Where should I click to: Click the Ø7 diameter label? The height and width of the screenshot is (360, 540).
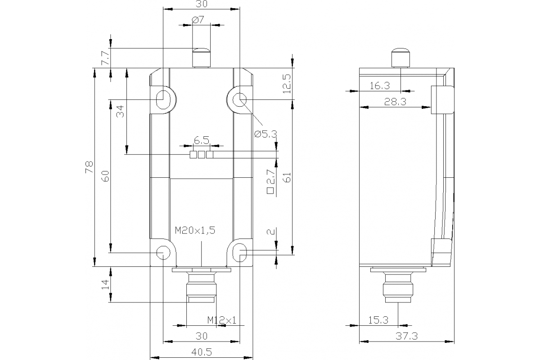click(x=198, y=20)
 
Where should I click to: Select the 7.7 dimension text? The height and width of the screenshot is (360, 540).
click(x=104, y=58)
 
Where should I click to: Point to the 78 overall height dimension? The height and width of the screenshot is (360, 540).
click(x=89, y=167)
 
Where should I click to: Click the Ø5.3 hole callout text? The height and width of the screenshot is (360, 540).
click(x=265, y=134)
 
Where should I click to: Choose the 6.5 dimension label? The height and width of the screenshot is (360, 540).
click(x=202, y=140)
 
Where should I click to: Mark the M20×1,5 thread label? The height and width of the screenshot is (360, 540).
click(x=195, y=230)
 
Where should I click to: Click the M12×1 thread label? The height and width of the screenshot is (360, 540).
click(x=222, y=320)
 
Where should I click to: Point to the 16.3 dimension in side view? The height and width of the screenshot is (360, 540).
click(x=379, y=85)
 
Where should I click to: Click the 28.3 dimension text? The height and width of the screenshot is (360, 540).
click(x=395, y=102)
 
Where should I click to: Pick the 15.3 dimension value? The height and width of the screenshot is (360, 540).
click(x=378, y=320)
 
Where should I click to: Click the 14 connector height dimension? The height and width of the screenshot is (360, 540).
click(x=104, y=284)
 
